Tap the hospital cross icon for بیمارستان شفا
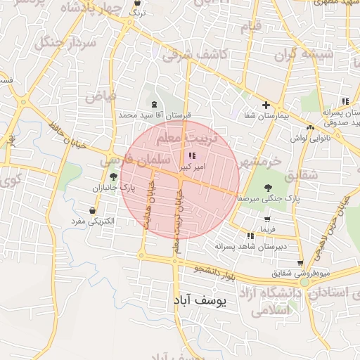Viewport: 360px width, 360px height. pyautogui.click(x=266, y=105)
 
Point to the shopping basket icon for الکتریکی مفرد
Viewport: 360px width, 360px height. pyautogui.click(x=93, y=210)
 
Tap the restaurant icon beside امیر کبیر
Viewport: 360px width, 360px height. pyautogui.click(x=192, y=156)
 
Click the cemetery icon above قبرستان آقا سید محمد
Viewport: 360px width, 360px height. pyautogui.click(x=154, y=104)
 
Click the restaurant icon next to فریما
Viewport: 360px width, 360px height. pyautogui.click(x=250, y=235)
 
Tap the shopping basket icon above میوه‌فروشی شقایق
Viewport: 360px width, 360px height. pyautogui.click(x=300, y=263)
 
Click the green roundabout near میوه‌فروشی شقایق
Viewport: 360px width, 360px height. pyautogui.click(x=304, y=282)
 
